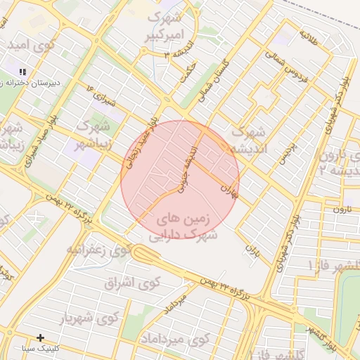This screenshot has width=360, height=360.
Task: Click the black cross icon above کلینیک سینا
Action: click(40, 338)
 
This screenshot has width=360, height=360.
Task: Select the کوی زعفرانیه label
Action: click(99, 250)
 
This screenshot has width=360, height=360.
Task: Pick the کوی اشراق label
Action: click(132, 283)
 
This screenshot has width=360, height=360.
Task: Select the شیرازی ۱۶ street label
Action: click(99, 95)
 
